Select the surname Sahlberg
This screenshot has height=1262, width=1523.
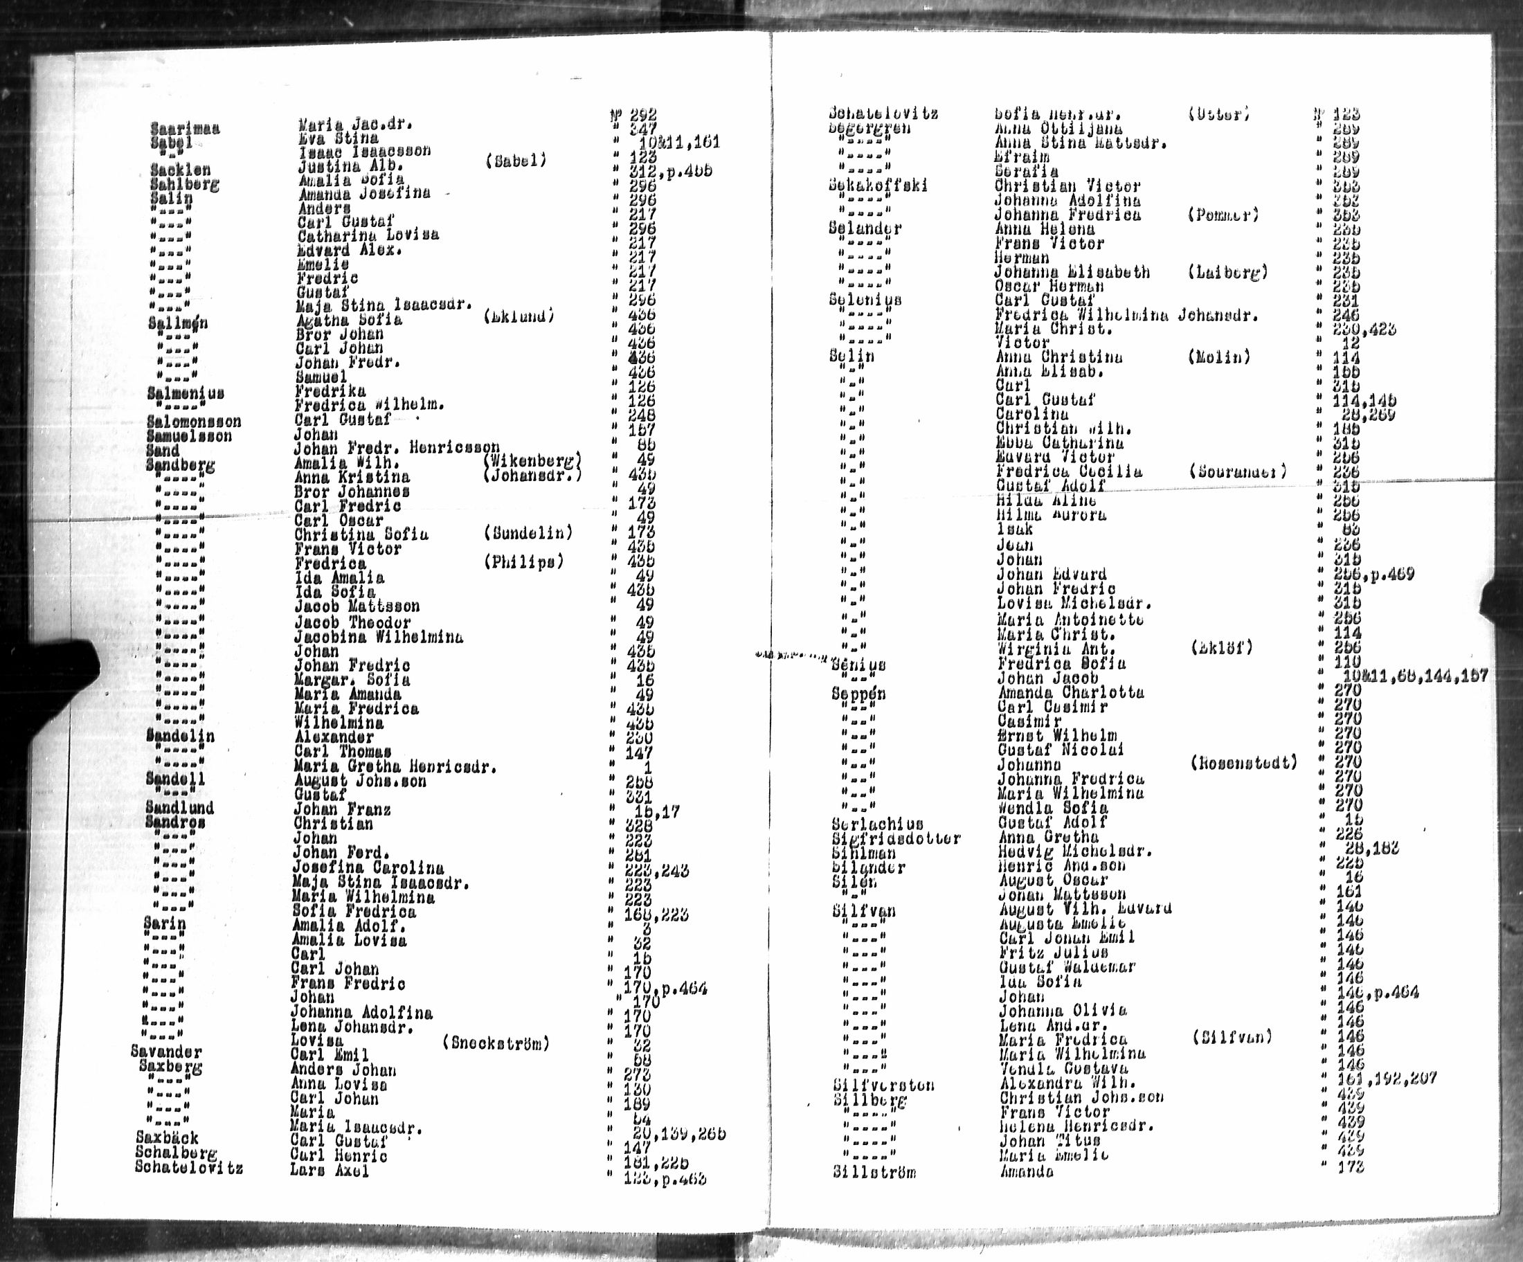(x=184, y=184)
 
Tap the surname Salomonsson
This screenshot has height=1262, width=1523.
(x=194, y=422)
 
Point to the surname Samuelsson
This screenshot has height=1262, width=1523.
(x=188, y=436)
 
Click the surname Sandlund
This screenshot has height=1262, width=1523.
(x=179, y=807)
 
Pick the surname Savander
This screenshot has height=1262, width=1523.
(x=166, y=1052)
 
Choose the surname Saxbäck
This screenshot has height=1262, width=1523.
(x=167, y=1137)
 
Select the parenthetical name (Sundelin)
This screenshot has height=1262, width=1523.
(x=528, y=533)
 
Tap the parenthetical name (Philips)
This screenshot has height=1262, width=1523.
(x=523, y=562)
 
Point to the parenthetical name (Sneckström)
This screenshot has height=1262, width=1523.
(x=496, y=1043)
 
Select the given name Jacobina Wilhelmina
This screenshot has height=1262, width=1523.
(x=378, y=638)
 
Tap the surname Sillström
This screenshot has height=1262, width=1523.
(x=874, y=1172)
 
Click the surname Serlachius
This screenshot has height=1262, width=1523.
(x=878, y=824)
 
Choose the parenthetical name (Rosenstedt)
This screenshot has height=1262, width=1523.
(x=1244, y=762)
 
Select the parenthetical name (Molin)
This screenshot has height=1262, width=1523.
(x=1219, y=357)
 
